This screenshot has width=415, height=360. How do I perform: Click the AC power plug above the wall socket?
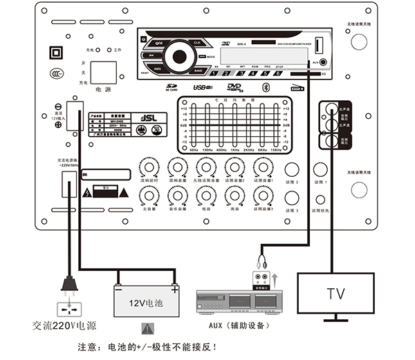click(x=68, y=284)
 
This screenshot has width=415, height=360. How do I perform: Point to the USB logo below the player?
click(x=201, y=88)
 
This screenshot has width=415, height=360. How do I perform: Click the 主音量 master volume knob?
click(x=147, y=195)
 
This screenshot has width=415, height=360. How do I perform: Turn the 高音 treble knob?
click(x=232, y=195)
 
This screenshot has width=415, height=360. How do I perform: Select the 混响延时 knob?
click(x=147, y=167)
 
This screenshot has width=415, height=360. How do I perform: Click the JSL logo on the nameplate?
click(x=138, y=117)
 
